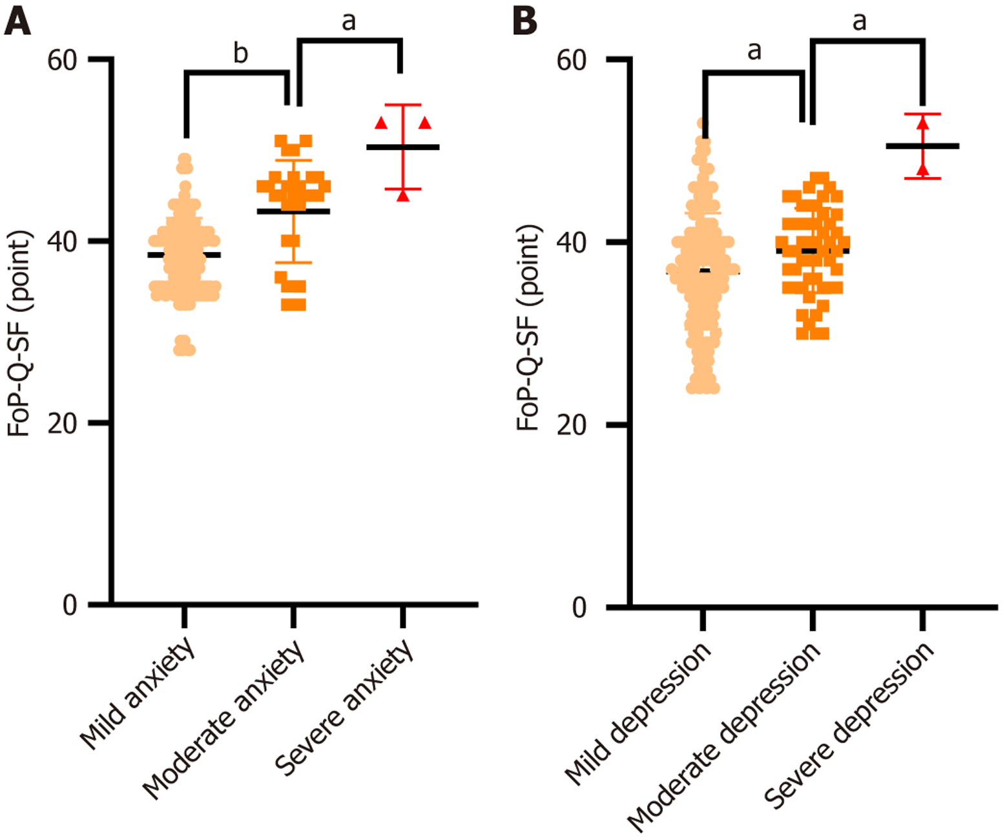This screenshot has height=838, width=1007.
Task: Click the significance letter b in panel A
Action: pos(240,53)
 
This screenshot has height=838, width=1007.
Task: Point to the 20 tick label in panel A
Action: pos(62,424)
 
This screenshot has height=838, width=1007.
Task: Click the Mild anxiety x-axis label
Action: pos(138,694)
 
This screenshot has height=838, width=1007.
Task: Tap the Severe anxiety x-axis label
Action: pos(344,707)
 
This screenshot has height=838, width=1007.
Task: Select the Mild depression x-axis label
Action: pos(638,713)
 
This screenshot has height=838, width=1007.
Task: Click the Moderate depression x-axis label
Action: pos(724,737)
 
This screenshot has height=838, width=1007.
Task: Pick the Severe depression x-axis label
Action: pos(849,725)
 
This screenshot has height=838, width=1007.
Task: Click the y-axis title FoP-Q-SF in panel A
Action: pos(19,333)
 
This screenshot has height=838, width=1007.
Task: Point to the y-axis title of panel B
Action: pos(528,328)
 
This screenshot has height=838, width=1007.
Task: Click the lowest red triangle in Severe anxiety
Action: pos(403,195)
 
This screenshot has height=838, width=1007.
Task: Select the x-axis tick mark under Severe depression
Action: pos(922,620)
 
